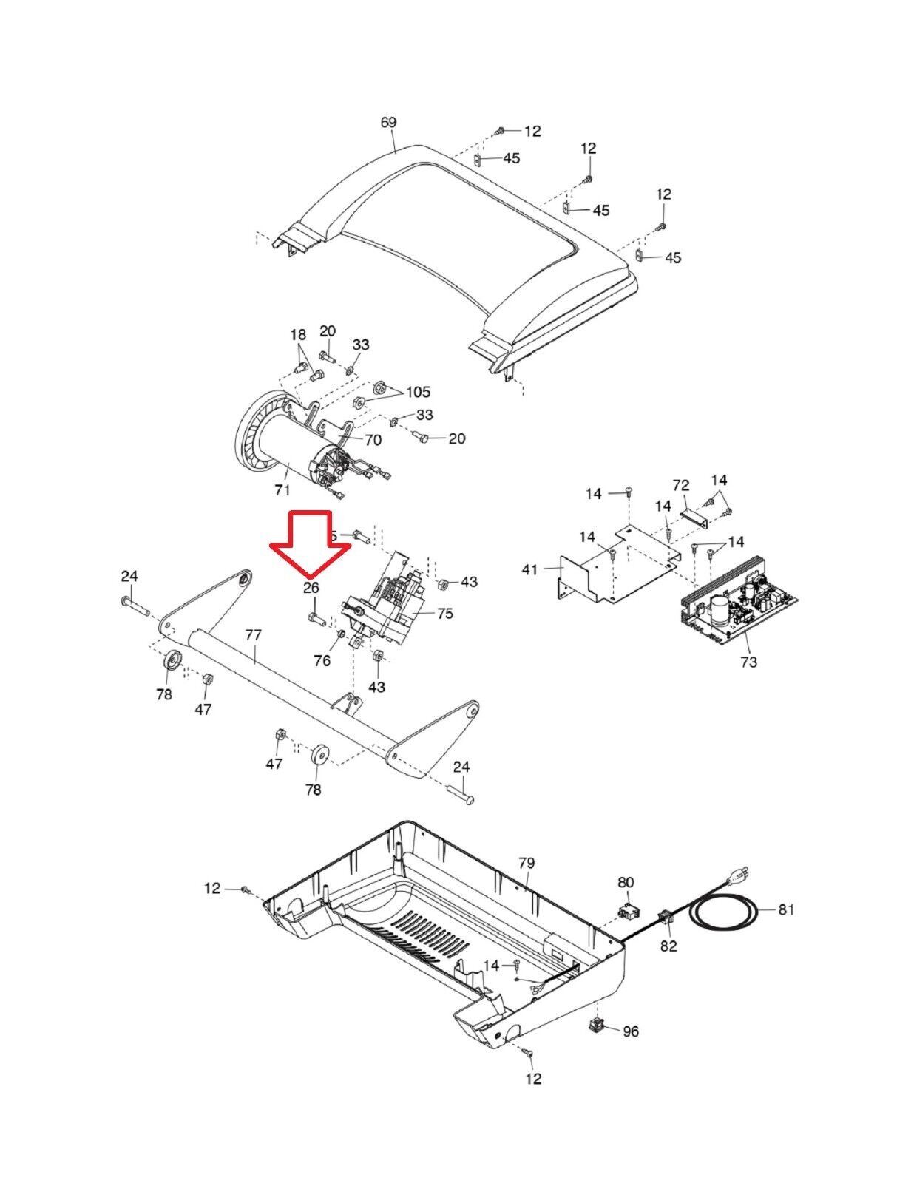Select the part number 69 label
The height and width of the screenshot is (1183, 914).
[x=388, y=123]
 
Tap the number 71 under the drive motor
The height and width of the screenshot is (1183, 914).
[x=282, y=490]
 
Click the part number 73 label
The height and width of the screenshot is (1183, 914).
[x=748, y=662]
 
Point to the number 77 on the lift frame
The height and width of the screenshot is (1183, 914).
[x=253, y=635]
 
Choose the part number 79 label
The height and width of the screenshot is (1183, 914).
[x=527, y=863]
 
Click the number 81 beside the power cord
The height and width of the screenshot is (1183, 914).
[x=785, y=909]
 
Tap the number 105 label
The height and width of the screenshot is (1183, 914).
[x=418, y=391]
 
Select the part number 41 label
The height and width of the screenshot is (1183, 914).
[x=529, y=569]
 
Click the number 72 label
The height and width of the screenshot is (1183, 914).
[x=681, y=484]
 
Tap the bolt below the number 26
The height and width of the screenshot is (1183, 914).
[x=316, y=618]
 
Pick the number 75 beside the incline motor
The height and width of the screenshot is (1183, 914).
[x=444, y=613]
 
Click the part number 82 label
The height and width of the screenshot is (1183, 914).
[x=668, y=946]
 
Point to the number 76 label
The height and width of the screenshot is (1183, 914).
[x=322, y=660]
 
